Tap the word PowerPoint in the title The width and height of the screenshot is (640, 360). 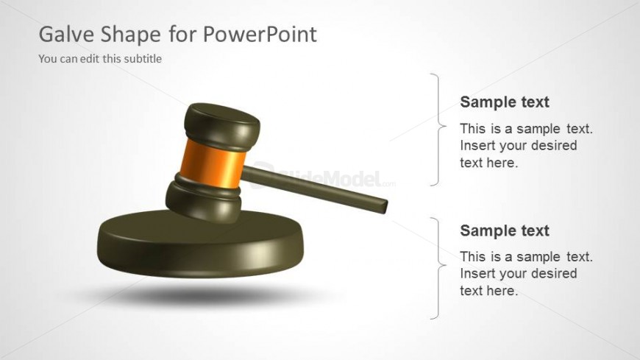point(260,34)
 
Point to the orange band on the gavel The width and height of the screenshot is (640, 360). point(213,163)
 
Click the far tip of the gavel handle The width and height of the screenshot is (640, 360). point(385,207)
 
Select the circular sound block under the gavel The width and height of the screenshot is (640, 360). point(200,244)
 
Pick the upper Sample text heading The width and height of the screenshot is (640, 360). point(505,102)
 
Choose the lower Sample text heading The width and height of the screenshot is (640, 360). point(505,230)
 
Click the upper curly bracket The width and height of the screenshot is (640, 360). point(438,130)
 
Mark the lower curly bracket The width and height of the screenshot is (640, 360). point(438,268)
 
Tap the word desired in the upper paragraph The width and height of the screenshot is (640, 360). point(554,146)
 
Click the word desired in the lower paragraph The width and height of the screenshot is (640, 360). point(554,273)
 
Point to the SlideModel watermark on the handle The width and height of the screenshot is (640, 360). point(322,177)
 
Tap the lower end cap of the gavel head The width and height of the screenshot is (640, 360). point(203,201)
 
